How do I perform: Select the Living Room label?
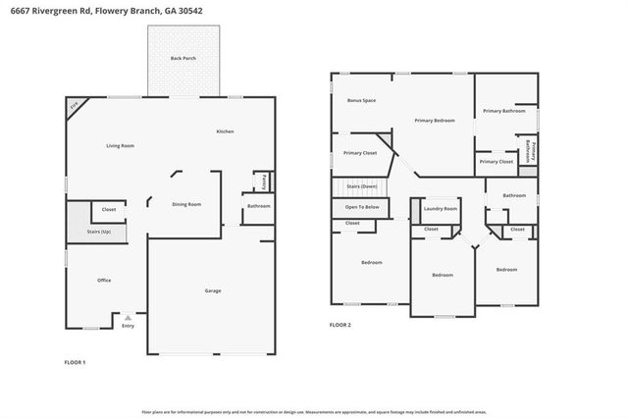(x=121, y=145)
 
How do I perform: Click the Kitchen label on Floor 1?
(x=225, y=131)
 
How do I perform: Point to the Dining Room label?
(x=186, y=204)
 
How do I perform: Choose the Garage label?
(x=212, y=290)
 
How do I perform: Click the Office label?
(x=104, y=281)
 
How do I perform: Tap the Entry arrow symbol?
(x=128, y=317)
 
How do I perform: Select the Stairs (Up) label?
(x=99, y=232)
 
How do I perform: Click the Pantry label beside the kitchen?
(x=263, y=182)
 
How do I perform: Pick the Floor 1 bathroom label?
(x=259, y=206)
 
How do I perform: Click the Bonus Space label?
(x=362, y=100)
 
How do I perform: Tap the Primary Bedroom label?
(x=435, y=120)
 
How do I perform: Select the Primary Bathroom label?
(x=504, y=111)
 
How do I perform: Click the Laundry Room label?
(x=441, y=208)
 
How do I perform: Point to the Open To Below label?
(x=362, y=207)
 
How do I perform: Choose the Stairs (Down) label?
(x=362, y=185)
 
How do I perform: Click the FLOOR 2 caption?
(x=340, y=324)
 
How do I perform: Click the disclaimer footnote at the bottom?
(x=314, y=411)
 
